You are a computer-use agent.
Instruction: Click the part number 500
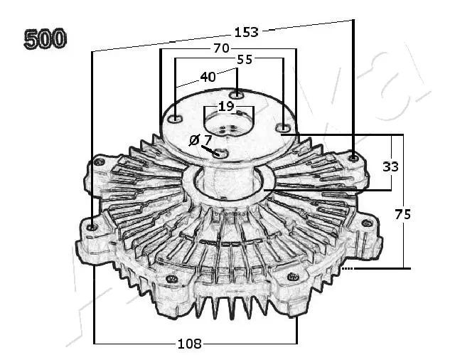point(45,38)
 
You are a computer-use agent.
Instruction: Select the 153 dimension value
point(246,31)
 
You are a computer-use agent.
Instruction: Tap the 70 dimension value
point(221,48)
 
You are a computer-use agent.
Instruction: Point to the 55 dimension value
point(245,60)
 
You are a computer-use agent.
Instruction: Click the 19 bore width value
point(225,106)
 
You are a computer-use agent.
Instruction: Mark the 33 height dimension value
point(390,166)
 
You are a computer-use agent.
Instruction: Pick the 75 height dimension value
point(404,213)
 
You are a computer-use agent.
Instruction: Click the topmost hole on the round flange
point(237,95)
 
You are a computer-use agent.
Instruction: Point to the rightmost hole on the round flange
point(283,128)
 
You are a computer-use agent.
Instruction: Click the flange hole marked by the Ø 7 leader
point(221,154)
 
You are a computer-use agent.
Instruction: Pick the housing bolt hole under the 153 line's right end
point(353,157)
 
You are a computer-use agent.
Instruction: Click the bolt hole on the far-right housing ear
point(367,223)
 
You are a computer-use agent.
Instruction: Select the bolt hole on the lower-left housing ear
point(171,279)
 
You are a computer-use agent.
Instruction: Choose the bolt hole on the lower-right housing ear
point(291,276)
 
